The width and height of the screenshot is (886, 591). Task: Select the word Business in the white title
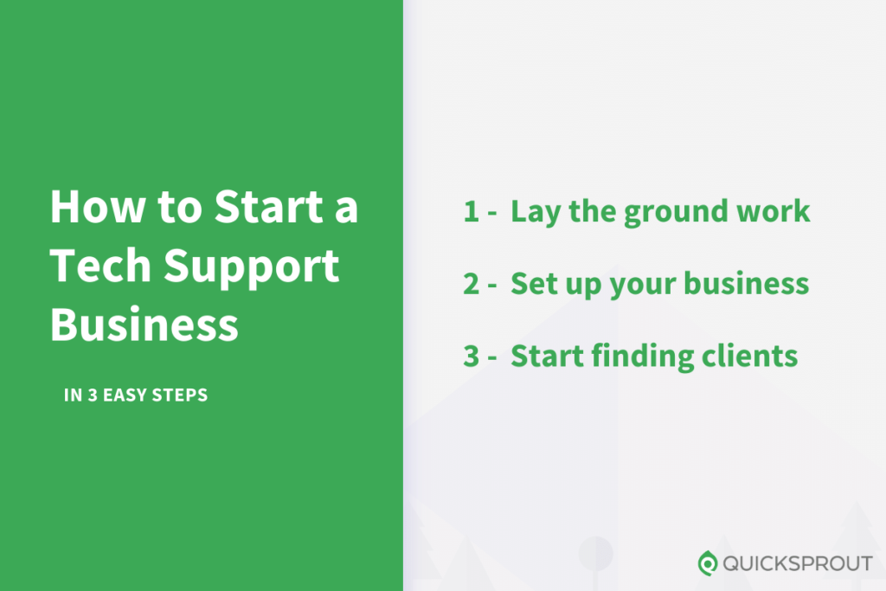click(144, 324)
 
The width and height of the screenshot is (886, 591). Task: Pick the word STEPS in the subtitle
click(182, 396)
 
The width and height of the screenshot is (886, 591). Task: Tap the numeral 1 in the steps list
click(470, 211)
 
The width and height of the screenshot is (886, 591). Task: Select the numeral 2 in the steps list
click(471, 283)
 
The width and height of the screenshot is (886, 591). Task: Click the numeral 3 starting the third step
click(471, 356)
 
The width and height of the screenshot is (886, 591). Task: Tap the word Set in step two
click(530, 283)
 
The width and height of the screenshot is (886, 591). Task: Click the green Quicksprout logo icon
click(708, 562)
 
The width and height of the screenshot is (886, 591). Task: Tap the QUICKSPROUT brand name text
click(798, 563)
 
